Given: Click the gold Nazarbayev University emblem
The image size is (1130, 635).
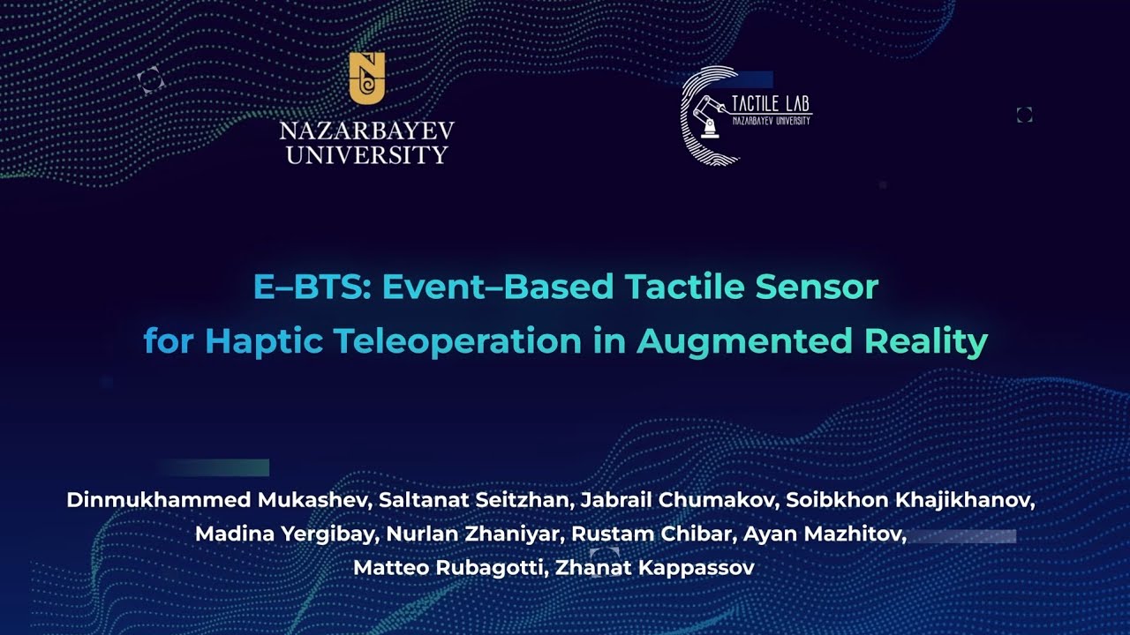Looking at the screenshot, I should point(366,78).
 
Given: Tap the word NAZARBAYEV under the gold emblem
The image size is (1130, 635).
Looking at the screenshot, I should point(366,132).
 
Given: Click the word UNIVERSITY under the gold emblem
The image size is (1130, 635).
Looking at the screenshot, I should point(366,156).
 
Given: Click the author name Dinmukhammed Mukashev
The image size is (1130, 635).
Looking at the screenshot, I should point(218,501).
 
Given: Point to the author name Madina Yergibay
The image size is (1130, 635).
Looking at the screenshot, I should point(270,534).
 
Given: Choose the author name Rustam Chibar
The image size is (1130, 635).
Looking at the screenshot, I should point(652,534).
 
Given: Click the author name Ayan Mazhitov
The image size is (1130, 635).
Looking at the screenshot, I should point(823,534).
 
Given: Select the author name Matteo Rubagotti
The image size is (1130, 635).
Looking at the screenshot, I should point(449,568).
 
